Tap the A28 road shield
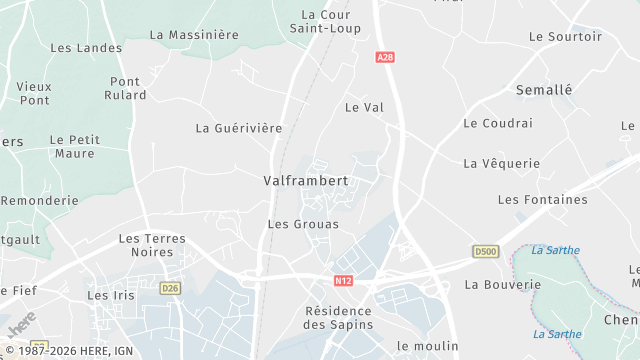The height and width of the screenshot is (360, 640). click(386, 58)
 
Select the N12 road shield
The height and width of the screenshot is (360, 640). click(343, 283)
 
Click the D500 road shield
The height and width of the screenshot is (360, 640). click(485, 250)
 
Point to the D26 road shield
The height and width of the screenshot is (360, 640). click(171, 289)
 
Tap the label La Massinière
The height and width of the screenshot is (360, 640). click(194, 34)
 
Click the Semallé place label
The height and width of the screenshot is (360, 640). click(544, 89)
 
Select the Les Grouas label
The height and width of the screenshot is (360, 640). click(303, 224)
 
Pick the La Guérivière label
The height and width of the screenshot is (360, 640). click(239, 128)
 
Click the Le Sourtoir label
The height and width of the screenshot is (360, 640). click(565, 36)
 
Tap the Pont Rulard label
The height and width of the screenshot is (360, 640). click(125, 88)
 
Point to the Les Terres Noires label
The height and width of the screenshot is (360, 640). click(152, 245)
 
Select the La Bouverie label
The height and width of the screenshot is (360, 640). click(502, 284)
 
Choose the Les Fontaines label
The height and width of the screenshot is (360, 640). click(542, 200)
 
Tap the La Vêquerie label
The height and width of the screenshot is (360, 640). click(501, 163)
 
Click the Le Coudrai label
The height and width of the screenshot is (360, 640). click(498, 123)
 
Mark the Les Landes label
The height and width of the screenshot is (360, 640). click(86, 47)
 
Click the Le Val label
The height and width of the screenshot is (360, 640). click(364, 107)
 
